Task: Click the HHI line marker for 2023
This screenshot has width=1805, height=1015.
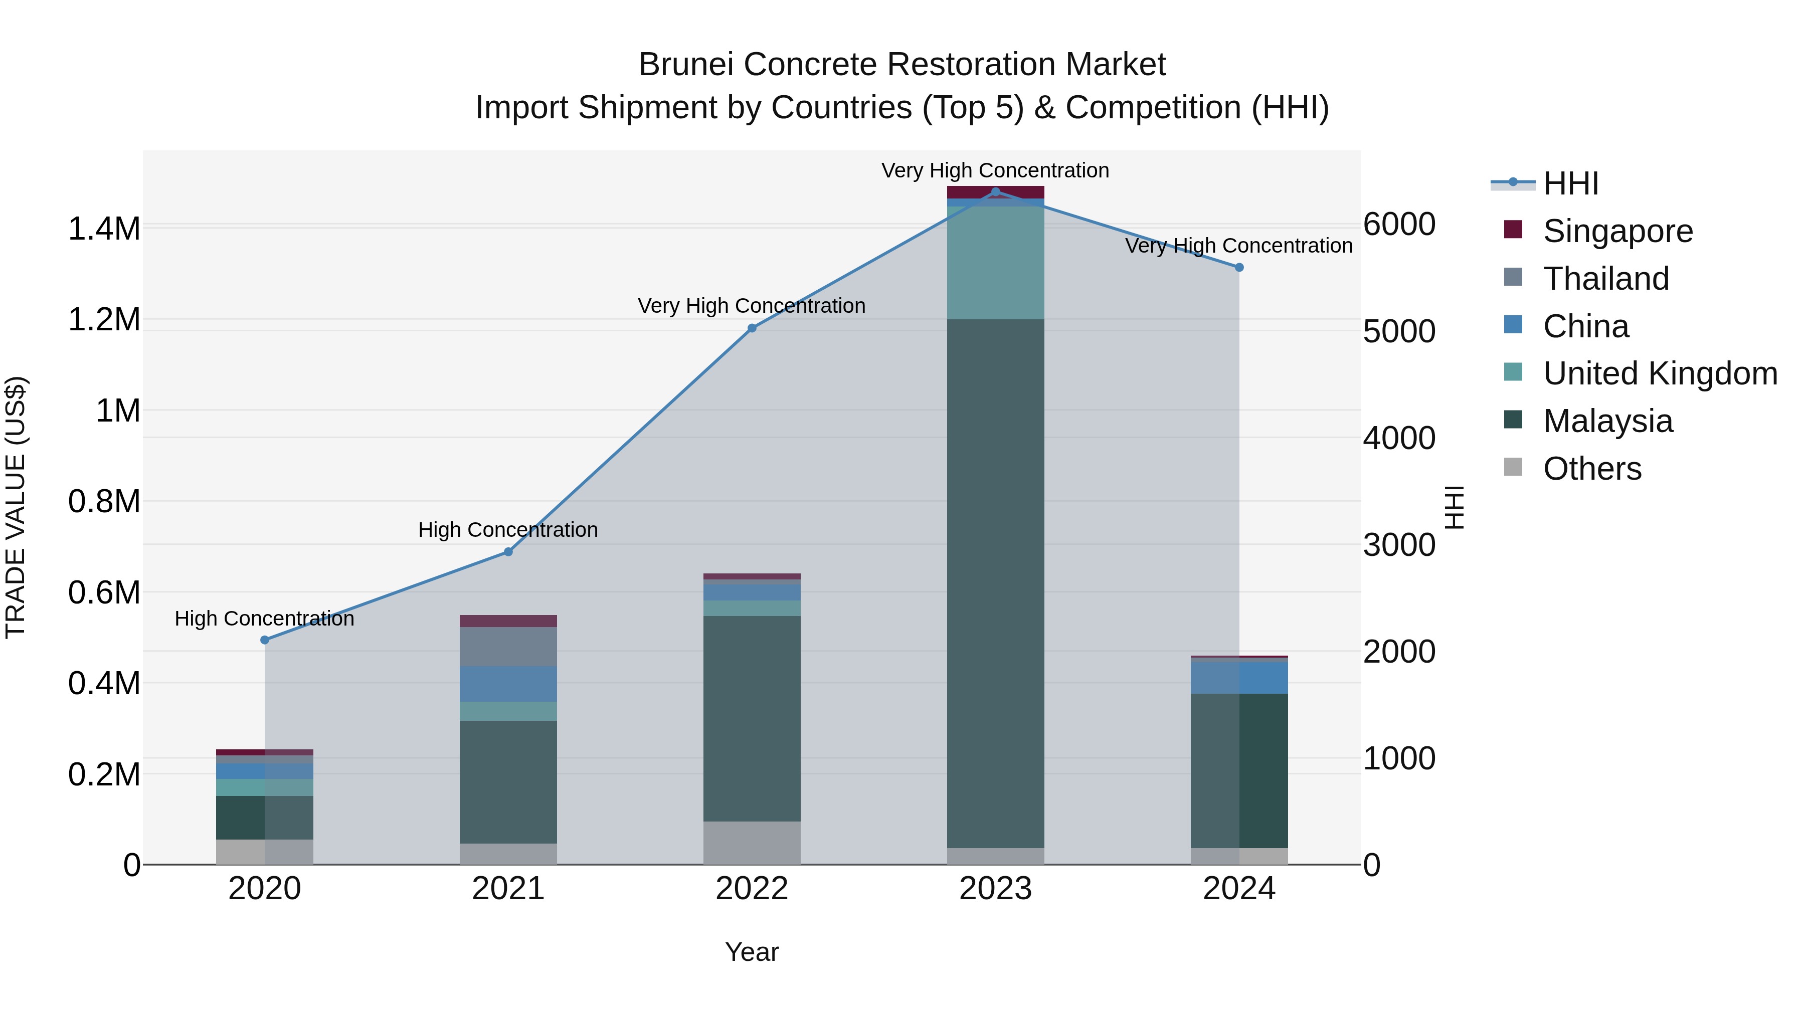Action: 995,191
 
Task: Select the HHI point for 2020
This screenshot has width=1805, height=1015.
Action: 265,640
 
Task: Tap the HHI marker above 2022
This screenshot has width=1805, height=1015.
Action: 752,328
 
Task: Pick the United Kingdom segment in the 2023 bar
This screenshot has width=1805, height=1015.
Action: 995,263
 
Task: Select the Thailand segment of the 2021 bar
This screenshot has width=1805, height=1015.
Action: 508,646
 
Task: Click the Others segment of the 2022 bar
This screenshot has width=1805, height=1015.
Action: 752,843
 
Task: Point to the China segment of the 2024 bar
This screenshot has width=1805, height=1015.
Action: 1239,677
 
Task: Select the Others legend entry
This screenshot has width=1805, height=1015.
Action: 1591,469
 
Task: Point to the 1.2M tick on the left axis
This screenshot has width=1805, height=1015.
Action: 104,320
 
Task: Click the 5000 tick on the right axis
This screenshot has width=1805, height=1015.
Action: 1398,331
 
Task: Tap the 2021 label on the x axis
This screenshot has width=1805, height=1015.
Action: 508,889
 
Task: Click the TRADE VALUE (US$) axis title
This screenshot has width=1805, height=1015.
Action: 16,507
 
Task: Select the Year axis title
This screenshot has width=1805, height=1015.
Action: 752,952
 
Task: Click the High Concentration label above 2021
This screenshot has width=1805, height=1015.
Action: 508,530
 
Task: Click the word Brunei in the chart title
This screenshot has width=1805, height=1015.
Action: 687,65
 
